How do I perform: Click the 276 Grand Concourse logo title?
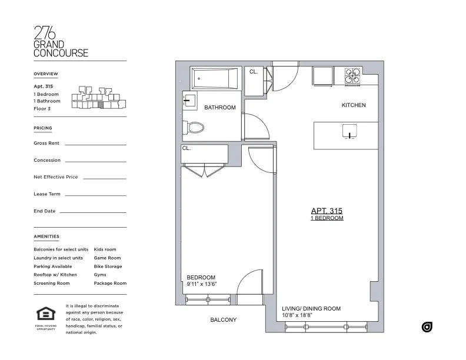point(61,42)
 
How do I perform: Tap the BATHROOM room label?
point(220,108)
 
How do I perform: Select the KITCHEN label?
point(354,105)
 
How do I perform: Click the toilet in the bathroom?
point(194,127)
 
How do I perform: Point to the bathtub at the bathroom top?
point(215,78)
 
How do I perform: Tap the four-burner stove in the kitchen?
point(352,76)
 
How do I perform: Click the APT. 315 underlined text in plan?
point(327,211)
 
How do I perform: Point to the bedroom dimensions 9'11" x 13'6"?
point(202,284)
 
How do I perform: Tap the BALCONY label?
point(223,320)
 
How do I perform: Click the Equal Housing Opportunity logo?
point(45,318)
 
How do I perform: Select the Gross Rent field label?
point(46,143)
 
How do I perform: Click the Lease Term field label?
point(46,194)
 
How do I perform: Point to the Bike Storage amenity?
point(108,266)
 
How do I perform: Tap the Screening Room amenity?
point(52,284)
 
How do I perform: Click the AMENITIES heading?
point(46,236)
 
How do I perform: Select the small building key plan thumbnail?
point(98,98)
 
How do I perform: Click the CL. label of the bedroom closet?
point(187,148)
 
